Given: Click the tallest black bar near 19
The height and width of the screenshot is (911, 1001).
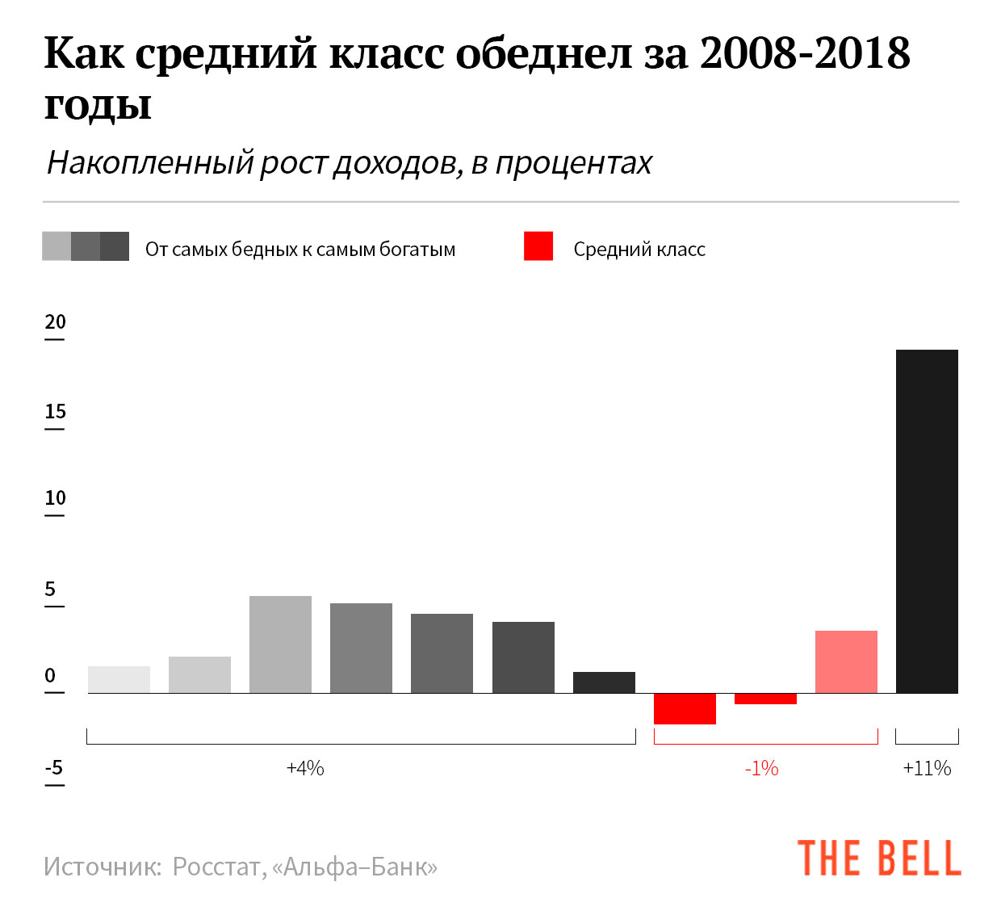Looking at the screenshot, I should click(927, 521).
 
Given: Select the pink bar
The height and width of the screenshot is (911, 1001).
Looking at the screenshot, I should click(846, 661).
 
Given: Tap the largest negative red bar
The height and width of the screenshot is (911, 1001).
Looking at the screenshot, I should click(685, 708).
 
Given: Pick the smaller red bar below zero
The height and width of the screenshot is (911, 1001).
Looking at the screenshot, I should click(765, 699).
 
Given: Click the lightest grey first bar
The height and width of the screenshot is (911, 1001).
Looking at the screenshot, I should click(119, 679).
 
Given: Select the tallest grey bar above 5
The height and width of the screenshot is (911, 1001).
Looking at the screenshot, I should click(280, 644).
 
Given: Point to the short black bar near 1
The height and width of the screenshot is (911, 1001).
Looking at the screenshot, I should click(604, 682).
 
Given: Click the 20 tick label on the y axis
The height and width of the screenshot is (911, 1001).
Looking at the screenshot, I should click(55, 321).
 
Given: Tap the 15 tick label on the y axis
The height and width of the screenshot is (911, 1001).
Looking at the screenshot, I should click(55, 411).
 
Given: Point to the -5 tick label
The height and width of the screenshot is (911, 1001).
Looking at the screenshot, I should click(54, 766).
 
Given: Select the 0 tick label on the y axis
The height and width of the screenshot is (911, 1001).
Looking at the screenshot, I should click(51, 675).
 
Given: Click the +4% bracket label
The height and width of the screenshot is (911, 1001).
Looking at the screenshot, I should click(305, 768).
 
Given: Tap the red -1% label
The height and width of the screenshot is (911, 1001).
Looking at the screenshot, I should click(761, 768).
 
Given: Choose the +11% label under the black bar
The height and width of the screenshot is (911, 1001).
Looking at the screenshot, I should click(927, 768).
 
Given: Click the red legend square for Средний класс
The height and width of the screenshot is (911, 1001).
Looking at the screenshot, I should click(538, 246).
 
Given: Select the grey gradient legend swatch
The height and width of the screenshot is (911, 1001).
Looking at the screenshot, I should click(86, 246).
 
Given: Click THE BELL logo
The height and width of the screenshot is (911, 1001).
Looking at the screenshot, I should click(879, 859).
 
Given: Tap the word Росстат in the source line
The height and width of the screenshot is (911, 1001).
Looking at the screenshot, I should click(216, 867).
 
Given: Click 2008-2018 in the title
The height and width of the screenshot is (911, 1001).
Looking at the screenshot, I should click(805, 53).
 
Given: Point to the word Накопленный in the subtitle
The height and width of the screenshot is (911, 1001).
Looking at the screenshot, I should click(150, 163).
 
